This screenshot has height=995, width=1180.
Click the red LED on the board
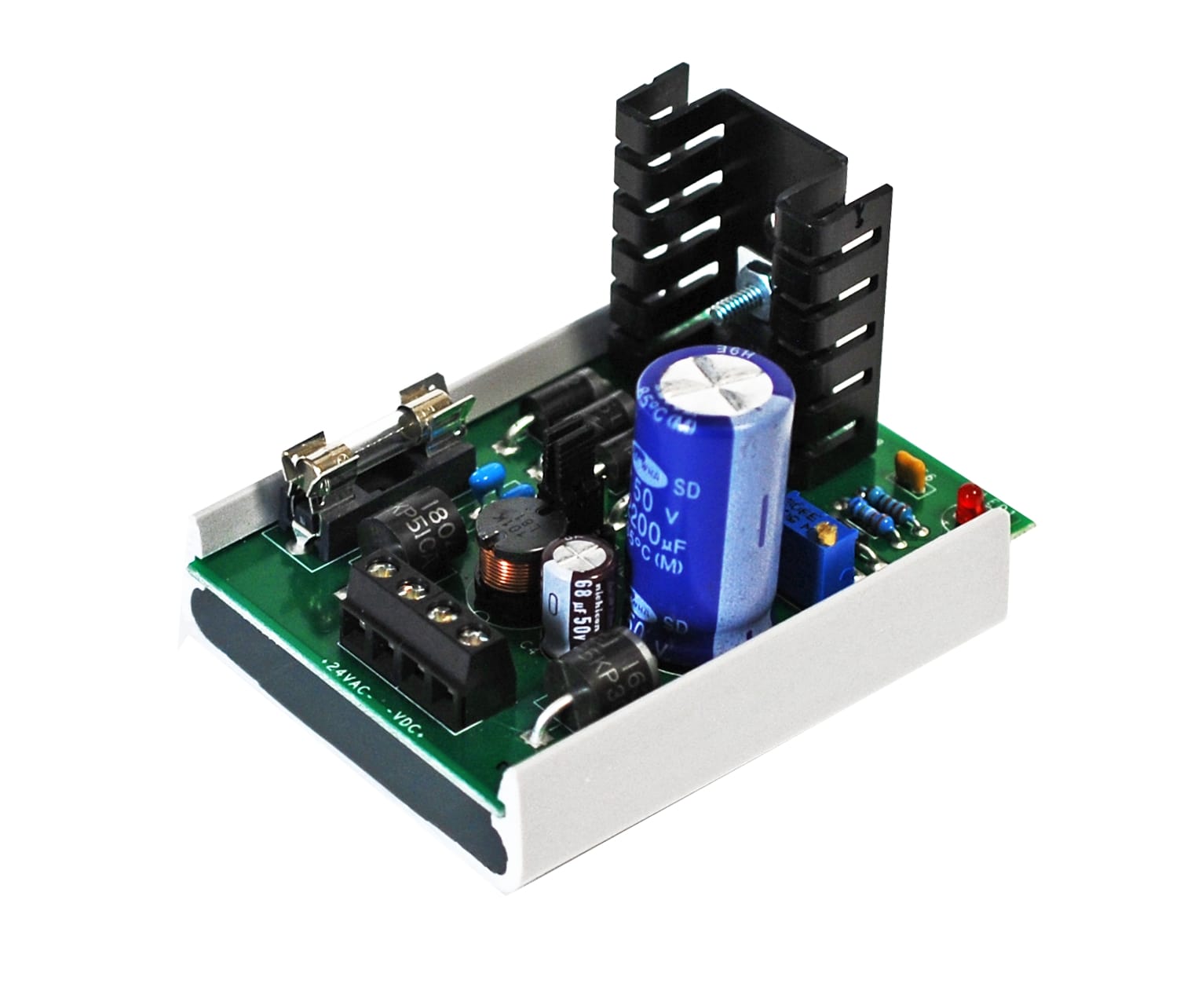[x=971, y=500]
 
